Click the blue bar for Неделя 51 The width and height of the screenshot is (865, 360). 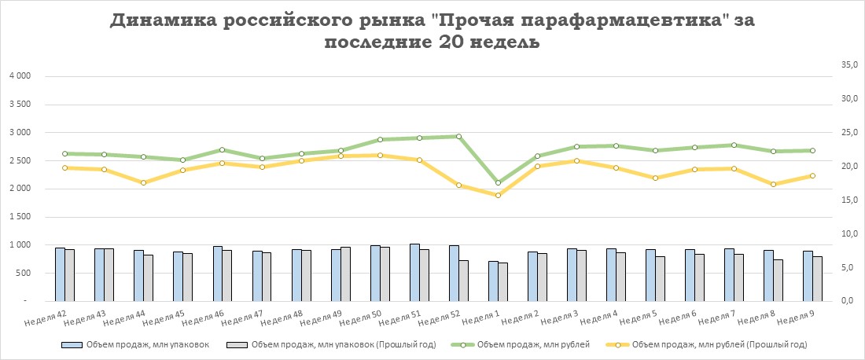[414, 272]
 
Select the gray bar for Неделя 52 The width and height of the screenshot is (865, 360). [463, 281]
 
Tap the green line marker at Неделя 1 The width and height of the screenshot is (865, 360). [498, 182]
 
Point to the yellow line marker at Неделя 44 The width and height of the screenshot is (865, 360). [143, 182]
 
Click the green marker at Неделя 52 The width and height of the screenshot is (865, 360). [458, 136]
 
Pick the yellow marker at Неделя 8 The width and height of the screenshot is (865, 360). [773, 184]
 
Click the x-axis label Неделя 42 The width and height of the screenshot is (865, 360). [45, 317]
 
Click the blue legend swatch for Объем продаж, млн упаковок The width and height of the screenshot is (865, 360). [72, 344]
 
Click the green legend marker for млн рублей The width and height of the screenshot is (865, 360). [462, 344]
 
